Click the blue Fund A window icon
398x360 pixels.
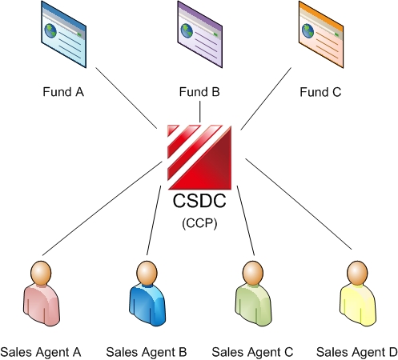(63, 34)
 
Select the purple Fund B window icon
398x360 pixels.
(199, 34)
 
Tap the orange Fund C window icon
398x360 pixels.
(321, 34)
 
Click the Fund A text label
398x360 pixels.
(63, 92)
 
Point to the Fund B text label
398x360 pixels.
(199, 92)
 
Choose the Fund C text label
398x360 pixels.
(320, 92)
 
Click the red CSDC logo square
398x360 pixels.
(199, 157)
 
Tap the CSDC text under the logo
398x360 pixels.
(199, 201)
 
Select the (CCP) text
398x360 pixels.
(199, 222)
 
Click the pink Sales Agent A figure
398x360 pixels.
(41, 294)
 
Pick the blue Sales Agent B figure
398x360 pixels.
(147, 294)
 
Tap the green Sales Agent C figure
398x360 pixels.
(253, 294)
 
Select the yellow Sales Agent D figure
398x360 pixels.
(358, 294)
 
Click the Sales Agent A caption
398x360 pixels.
(41, 352)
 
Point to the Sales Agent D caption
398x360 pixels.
(357, 352)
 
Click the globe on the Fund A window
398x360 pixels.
(50, 30)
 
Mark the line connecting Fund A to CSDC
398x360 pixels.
(127, 98)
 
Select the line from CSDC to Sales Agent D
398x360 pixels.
(299, 204)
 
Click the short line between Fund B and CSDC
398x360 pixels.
(200, 111)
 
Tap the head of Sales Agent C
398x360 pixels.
(253, 274)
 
